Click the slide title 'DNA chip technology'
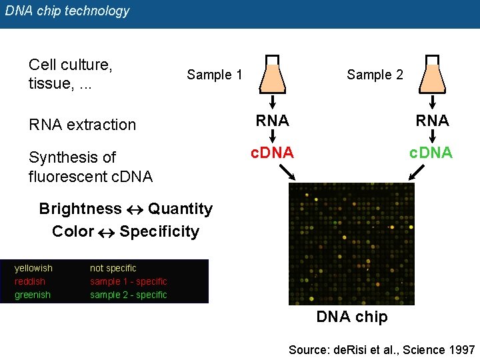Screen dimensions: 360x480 (x=67, y=11)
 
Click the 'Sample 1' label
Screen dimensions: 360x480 (x=214, y=75)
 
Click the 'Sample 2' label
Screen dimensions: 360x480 (x=375, y=75)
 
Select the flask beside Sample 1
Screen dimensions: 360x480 (x=272, y=73)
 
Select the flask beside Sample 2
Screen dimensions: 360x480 (x=433, y=73)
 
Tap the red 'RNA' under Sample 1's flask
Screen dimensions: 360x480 (x=273, y=121)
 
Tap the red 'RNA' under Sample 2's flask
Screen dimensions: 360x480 (x=433, y=121)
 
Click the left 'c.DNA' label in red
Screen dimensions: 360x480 (x=272, y=153)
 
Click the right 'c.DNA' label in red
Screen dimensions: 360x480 (x=431, y=153)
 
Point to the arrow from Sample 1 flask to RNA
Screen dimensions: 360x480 (x=273, y=103)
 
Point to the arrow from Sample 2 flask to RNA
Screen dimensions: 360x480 (x=433, y=103)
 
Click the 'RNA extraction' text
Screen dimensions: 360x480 (x=82, y=125)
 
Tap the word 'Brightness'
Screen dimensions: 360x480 (x=80, y=209)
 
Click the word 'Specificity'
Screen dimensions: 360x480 (x=159, y=231)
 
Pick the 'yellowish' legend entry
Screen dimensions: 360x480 (x=33, y=268)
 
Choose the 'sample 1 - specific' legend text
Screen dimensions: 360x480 (x=129, y=281)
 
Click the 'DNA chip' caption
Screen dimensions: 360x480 (x=351, y=317)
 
